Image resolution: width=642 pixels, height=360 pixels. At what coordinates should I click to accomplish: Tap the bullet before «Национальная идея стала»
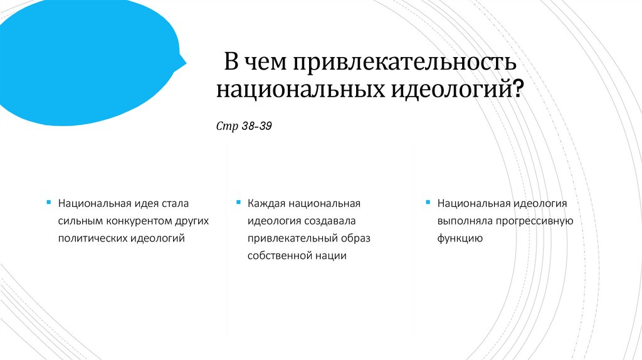(49, 203)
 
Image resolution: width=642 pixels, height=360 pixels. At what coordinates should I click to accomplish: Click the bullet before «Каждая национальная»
(238, 203)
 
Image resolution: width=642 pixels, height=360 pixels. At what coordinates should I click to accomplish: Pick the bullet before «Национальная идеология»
(428, 203)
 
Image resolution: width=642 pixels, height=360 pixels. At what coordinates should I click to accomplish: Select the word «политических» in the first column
(93, 238)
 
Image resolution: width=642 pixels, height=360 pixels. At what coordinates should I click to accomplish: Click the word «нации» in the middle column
(333, 256)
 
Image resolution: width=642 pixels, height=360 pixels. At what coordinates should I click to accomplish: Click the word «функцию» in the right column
(460, 238)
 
